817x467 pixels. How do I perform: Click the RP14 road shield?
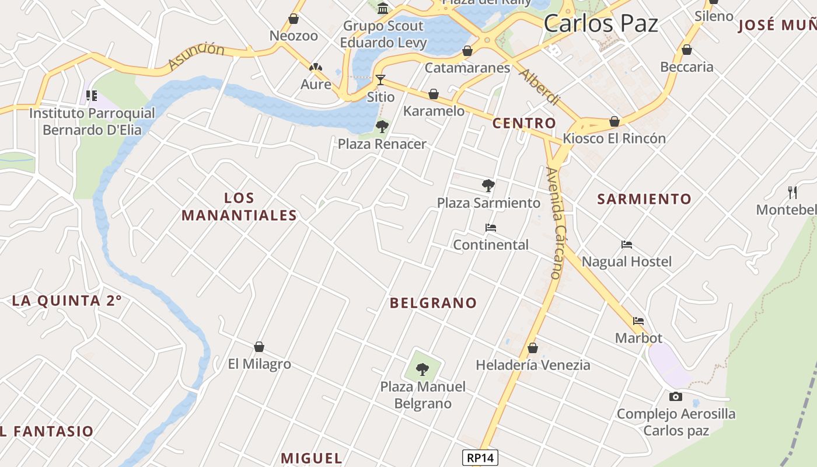click(x=481, y=458)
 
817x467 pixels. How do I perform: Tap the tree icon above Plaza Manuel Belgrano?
click(x=423, y=369)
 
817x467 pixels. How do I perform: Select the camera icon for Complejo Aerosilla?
click(x=676, y=397)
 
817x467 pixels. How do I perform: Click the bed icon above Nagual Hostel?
click(x=627, y=245)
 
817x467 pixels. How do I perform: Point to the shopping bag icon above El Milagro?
click(x=259, y=347)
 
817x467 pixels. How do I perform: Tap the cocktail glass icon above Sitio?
click(x=380, y=79)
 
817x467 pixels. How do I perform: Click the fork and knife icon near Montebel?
click(x=792, y=191)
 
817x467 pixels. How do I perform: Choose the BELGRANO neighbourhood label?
click(x=433, y=303)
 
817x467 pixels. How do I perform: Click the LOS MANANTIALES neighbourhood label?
click(x=239, y=207)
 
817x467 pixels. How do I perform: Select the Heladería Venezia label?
click(x=533, y=365)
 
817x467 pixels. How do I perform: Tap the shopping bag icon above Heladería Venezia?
click(x=532, y=348)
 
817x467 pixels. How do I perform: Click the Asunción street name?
click(x=196, y=56)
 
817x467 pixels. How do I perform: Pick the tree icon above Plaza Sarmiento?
click(x=488, y=186)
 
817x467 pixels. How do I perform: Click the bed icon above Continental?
click(x=491, y=228)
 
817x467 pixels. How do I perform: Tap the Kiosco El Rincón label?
click(x=614, y=139)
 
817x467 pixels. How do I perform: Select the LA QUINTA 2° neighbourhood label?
click(x=67, y=301)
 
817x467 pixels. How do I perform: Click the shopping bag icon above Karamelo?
click(x=434, y=94)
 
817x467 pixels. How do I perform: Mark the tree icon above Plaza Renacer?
click(x=382, y=126)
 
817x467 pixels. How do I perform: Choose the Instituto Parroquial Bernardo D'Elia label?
click(x=92, y=121)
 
